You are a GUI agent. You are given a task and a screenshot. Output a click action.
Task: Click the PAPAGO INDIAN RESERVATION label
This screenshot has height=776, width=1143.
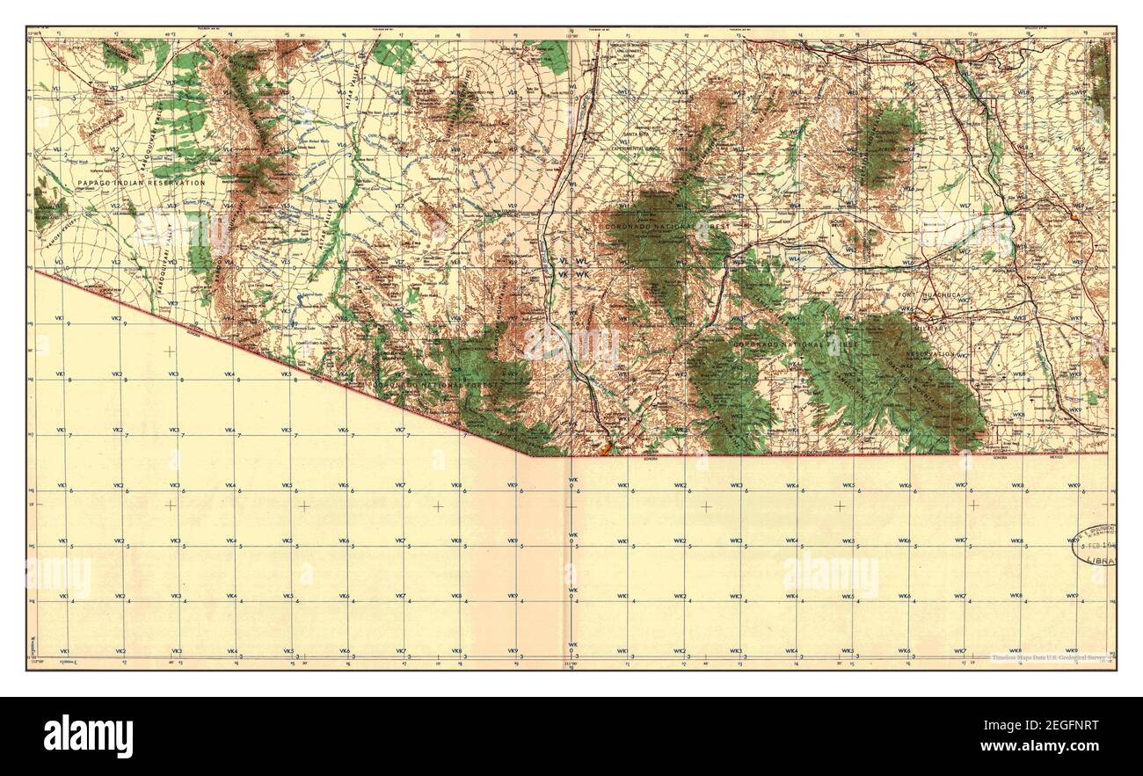coord(141,183)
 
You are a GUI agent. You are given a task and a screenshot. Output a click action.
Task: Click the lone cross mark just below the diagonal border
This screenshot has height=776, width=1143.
coord(169,351)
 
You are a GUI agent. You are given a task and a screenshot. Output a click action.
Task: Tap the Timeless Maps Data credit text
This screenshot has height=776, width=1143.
coord(1046,657)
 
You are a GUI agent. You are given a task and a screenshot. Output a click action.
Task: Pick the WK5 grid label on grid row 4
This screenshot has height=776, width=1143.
coord(848,597)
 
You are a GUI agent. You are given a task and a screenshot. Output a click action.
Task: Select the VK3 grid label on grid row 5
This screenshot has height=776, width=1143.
coord(176,540)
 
